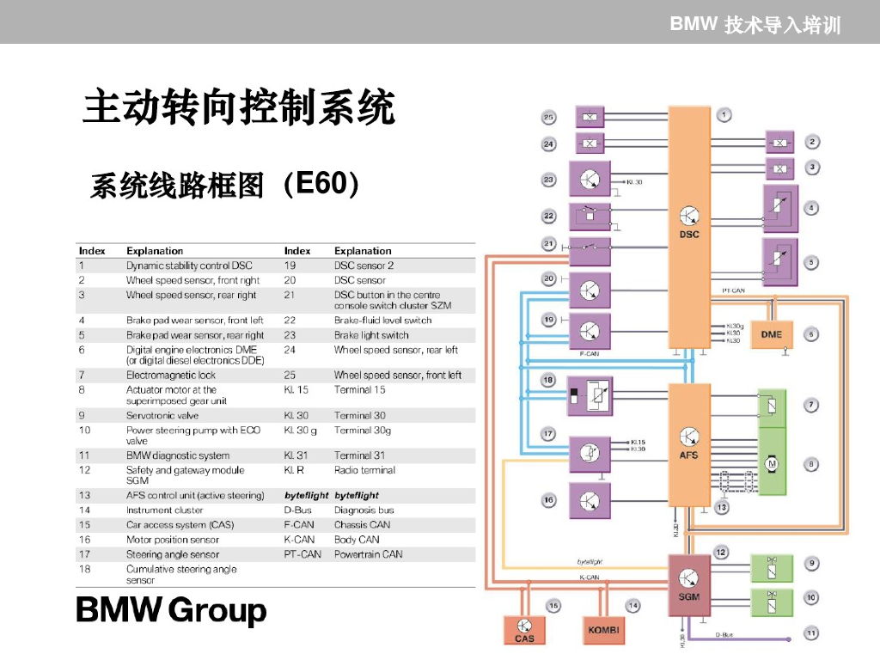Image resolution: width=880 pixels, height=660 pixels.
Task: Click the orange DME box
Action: tap(771, 333)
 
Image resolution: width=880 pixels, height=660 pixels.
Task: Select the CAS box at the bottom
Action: tap(524, 630)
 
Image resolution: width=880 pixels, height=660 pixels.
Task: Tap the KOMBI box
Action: tap(604, 630)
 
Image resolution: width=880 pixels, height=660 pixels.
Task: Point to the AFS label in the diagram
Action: tap(689, 455)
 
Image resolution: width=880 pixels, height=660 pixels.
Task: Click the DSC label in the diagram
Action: tap(689, 234)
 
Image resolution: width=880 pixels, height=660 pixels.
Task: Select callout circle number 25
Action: tap(548, 118)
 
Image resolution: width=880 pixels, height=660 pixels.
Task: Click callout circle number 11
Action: tap(810, 633)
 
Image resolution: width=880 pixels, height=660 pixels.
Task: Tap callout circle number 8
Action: tap(810, 464)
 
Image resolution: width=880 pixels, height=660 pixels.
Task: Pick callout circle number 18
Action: tap(547, 380)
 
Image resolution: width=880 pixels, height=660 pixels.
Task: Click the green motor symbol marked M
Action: tap(771, 464)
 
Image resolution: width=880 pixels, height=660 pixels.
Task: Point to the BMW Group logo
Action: tap(172, 611)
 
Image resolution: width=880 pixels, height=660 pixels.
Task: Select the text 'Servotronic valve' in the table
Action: tap(162, 415)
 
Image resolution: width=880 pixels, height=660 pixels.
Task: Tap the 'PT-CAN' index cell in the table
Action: tap(302, 554)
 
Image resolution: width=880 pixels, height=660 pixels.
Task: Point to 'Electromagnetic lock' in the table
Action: tap(171, 375)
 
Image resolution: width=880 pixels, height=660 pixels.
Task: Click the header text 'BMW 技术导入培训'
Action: tap(755, 24)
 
